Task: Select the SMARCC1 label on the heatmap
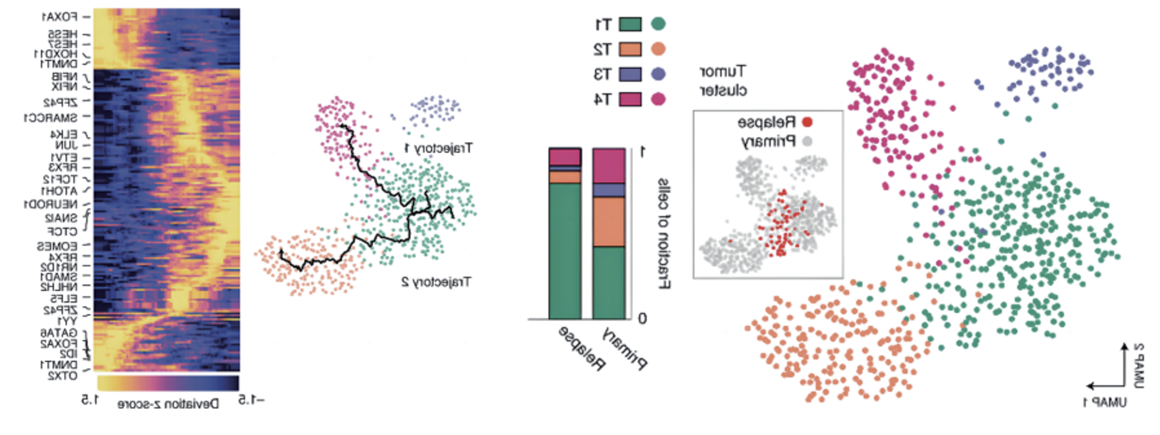pyautogui.click(x=50, y=118)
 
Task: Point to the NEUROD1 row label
pyautogui.click(x=50, y=205)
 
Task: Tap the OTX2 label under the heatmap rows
pyautogui.click(x=62, y=376)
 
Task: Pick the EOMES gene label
pyautogui.click(x=57, y=246)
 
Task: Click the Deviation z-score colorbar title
pyautogui.click(x=168, y=404)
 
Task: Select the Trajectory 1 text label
pyautogui.click(x=438, y=148)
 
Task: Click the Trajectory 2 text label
pyautogui.click(x=436, y=282)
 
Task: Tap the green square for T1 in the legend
pyautogui.click(x=630, y=24)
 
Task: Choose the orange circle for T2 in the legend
pyautogui.click(x=658, y=49)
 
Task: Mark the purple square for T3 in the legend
pyautogui.click(x=630, y=74)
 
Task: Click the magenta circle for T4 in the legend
pyautogui.click(x=658, y=99)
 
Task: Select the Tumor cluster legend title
pyautogui.click(x=723, y=81)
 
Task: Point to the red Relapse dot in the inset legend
pyautogui.click(x=807, y=122)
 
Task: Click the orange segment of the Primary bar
pyautogui.click(x=609, y=222)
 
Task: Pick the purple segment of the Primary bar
pyautogui.click(x=609, y=190)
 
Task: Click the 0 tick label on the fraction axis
pyautogui.click(x=642, y=318)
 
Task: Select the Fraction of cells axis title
pyautogui.click(x=664, y=234)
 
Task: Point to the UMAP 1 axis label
pyautogui.click(x=1105, y=403)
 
